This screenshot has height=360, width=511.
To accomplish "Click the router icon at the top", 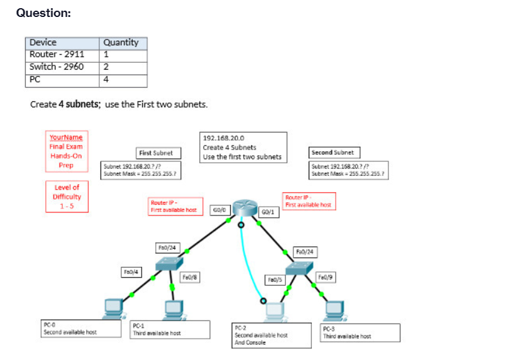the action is click(x=245, y=207).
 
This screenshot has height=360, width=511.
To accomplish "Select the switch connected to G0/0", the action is click(x=169, y=264).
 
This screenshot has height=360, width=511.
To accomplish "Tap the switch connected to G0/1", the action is click(x=299, y=268).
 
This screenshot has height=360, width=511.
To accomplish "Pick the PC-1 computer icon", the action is click(x=175, y=310).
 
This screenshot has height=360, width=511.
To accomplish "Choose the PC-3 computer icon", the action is click(x=334, y=312).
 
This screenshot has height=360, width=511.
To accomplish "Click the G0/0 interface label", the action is click(x=220, y=210).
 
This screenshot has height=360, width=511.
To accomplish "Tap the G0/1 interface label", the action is click(x=268, y=212).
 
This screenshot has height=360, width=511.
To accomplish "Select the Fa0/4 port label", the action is click(x=131, y=272).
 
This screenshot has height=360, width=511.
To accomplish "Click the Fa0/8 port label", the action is click(x=190, y=277).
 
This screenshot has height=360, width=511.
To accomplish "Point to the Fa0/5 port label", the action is click(x=275, y=280).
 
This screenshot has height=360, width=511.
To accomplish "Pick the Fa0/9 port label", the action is click(x=325, y=277).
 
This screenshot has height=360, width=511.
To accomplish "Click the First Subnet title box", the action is click(x=158, y=153).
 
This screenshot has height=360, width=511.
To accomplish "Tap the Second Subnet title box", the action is click(x=334, y=153).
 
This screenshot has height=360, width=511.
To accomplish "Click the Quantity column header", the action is click(x=123, y=43).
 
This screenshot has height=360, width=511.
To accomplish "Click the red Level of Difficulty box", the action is click(x=67, y=197).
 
